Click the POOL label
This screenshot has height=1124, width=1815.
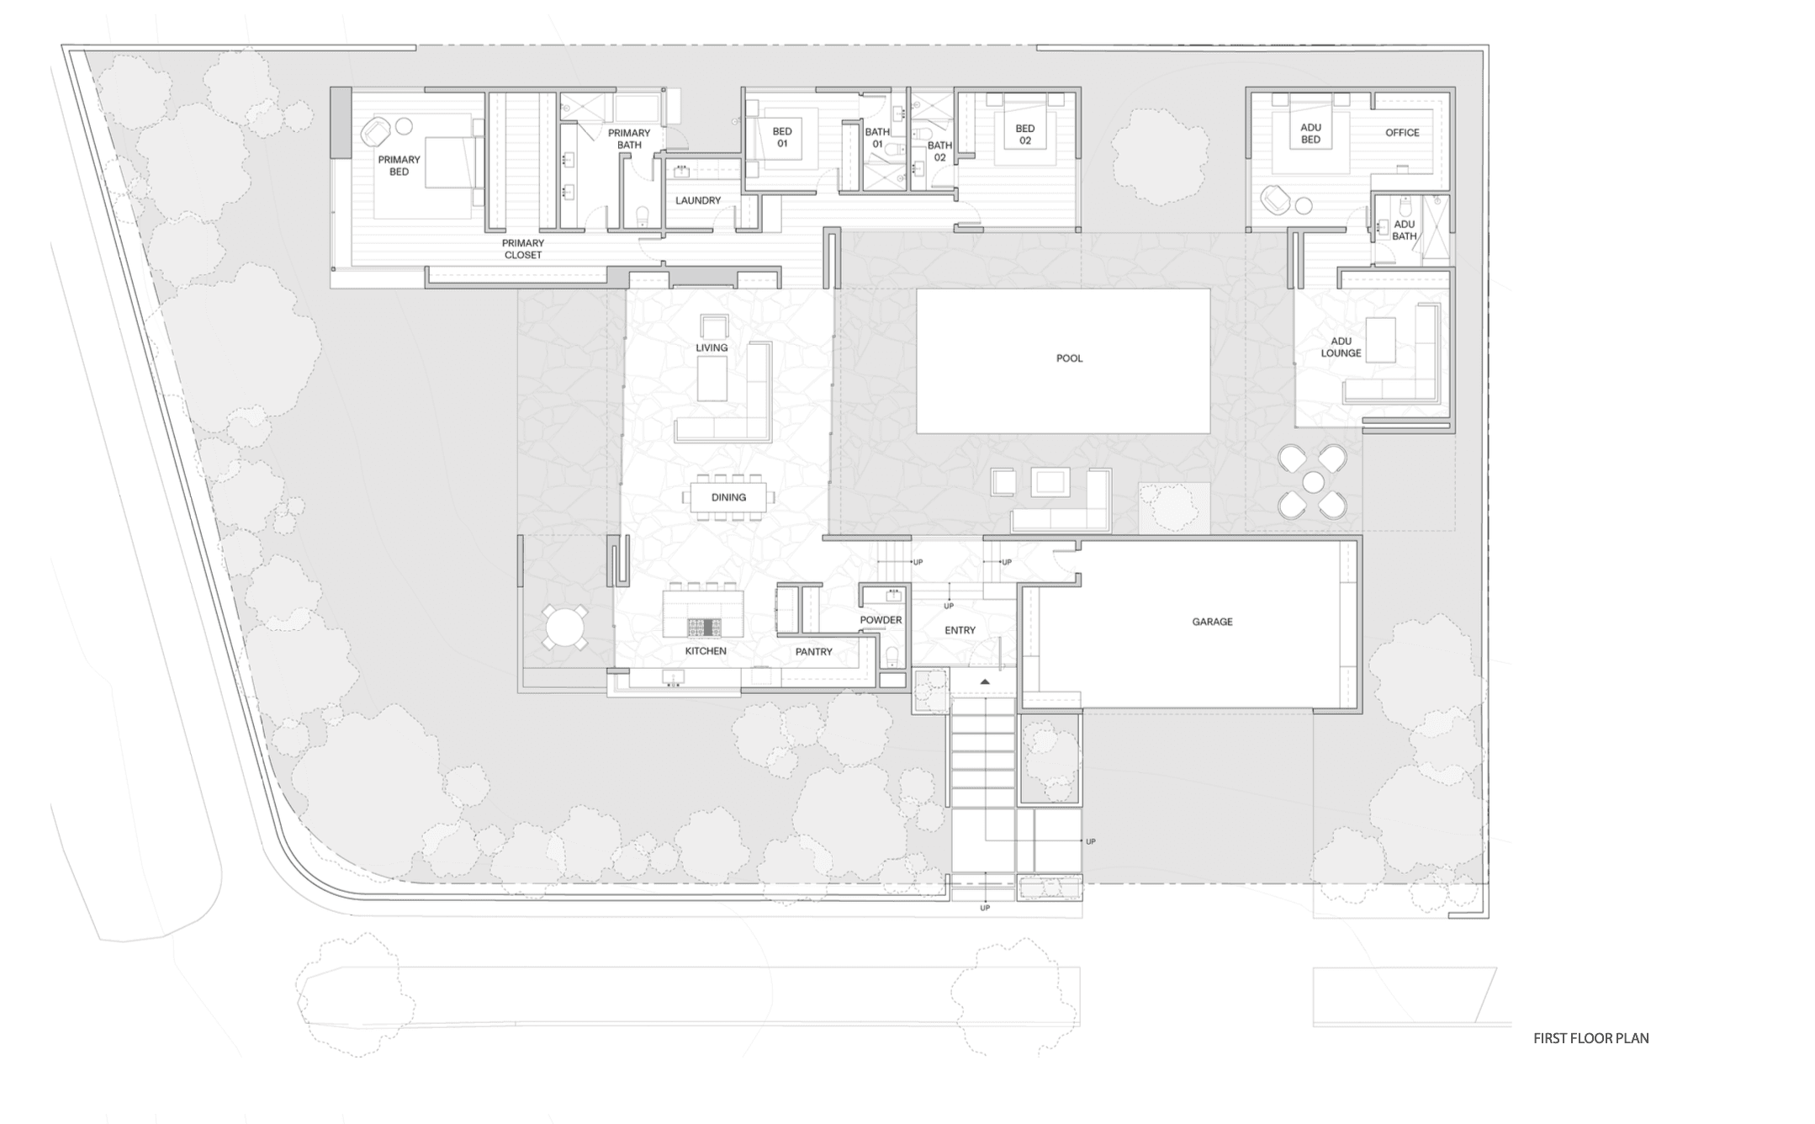1069,358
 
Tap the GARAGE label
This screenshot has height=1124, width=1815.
1212,622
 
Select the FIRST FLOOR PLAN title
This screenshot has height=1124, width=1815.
1590,1038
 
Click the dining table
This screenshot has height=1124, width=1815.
728,497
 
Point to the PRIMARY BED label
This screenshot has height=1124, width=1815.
399,166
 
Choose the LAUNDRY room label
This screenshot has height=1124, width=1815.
698,200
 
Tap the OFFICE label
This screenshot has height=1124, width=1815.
1402,133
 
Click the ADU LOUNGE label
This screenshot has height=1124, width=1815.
1341,347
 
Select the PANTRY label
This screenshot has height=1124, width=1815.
813,652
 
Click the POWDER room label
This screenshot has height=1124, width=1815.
881,620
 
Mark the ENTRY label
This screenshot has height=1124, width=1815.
960,630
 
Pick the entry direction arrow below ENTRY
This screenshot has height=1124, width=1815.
985,681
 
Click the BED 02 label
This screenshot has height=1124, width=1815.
1024,135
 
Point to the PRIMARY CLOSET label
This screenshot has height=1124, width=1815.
523,249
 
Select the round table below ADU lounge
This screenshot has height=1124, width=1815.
1313,482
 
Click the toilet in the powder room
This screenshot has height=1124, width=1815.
892,655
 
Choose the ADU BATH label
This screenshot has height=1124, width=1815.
1404,231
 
